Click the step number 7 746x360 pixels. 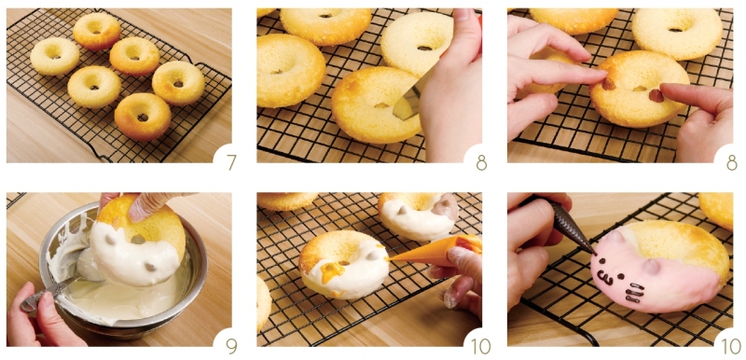pyautogui.click(x=231, y=162)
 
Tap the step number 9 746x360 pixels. pyautogui.click(x=231, y=346)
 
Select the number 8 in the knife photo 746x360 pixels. pyautogui.click(x=481, y=162)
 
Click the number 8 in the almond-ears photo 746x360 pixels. pyautogui.click(x=732, y=162)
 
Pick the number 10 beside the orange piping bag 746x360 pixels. pyautogui.click(x=481, y=346)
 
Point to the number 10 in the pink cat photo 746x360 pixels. pyautogui.click(x=732, y=346)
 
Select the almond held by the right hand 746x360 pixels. pyautogui.click(x=656, y=95)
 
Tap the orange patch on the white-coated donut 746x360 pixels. pyautogui.click(x=333, y=271)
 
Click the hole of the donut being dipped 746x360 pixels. pyautogui.click(x=138, y=239)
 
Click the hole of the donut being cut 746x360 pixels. pyautogui.click(x=382, y=105)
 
